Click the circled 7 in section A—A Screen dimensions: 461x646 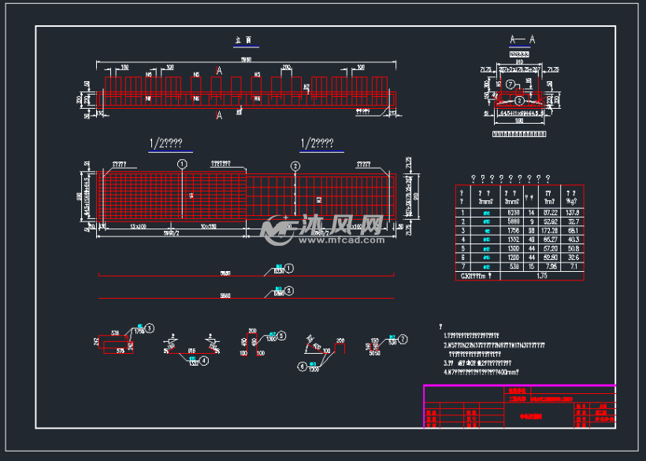pos(510,84)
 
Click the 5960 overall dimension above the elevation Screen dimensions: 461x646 pos(247,58)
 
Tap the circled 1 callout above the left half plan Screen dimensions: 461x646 pos(183,164)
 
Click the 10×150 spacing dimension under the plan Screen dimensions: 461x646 pos(210,226)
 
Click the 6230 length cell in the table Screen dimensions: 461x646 pos(513,213)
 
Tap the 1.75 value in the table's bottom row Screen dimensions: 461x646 pos(540,276)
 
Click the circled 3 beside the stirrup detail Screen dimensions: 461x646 pos(149,328)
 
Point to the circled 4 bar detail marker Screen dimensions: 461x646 pos(203,360)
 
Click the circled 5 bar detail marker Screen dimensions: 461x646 pos(282,335)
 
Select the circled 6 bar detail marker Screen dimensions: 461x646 pos(301,365)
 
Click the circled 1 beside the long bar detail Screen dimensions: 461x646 pos(289,268)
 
